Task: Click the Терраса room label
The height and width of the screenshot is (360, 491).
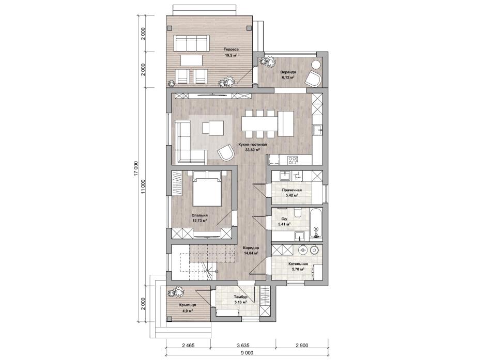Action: coord(231,49)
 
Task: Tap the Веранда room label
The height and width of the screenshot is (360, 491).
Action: coord(288,72)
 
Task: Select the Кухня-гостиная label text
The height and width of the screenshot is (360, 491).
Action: coord(252,145)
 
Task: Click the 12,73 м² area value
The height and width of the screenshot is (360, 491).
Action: coord(200,221)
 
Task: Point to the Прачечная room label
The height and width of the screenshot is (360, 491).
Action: coord(291,190)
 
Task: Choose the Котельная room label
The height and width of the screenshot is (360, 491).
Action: coord(298,264)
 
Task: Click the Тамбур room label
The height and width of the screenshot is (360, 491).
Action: coord(241,297)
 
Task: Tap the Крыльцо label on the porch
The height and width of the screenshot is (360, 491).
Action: coord(188,305)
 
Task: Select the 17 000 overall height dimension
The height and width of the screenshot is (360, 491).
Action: coord(135,169)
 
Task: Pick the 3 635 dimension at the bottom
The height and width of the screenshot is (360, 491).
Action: coord(243,346)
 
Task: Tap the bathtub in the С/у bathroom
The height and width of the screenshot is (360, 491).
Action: coord(316,224)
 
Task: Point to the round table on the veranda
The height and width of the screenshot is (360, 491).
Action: coord(316,65)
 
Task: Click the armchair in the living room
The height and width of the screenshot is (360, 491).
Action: coord(225,153)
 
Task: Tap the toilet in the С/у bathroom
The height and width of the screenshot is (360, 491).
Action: coord(298,213)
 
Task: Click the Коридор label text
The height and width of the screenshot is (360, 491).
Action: coord(251,247)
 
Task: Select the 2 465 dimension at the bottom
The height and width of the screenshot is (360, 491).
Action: coord(188,346)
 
